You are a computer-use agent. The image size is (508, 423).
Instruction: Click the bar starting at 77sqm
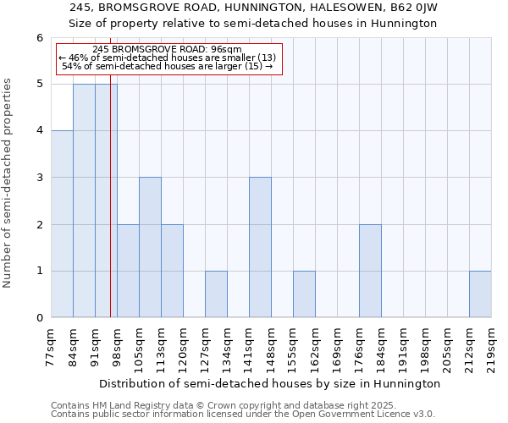[62, 224]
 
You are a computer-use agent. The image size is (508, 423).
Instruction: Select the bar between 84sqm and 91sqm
[84, 201]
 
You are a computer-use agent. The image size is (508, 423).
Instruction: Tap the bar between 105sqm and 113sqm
[150, 247]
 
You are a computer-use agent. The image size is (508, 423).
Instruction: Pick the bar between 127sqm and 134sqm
[216, 294]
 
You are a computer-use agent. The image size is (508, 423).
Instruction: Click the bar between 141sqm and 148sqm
[260, 247]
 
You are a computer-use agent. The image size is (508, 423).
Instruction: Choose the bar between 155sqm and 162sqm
[304, 294]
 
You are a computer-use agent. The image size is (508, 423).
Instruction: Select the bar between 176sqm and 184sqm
[370, 271]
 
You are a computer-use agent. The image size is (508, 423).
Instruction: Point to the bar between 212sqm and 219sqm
[480, 294]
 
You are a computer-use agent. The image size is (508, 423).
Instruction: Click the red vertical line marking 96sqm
[110, 211]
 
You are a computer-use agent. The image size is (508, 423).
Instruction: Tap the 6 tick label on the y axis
[39, 38]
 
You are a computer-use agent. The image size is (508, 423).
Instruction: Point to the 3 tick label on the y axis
[39, 178]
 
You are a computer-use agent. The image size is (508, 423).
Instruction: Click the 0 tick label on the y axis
[39, 318]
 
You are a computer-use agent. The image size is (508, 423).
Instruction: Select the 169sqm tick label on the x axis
[338, 348]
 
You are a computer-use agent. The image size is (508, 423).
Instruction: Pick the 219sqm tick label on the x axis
[492, 348]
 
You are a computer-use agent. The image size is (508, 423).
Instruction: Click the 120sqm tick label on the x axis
[184, 348]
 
